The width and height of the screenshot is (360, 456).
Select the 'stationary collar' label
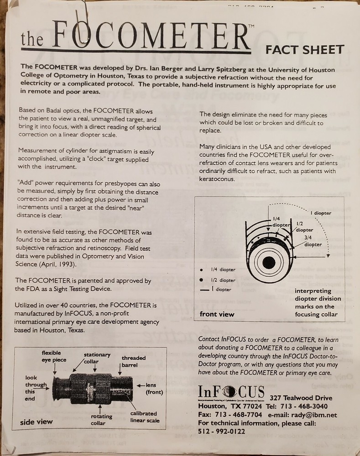click(x=97, y=358)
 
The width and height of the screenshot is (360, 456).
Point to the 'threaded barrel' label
click(x=134, y=362)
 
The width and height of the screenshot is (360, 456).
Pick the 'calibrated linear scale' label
click(x=144, y=417)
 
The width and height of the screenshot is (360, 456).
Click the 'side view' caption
click(x=37, y=422)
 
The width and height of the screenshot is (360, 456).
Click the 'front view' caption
click(x=217, y=314)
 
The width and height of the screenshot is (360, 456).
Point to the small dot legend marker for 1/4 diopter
click(x=201, y=269)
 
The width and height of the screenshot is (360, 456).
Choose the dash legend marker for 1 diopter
click(x=203, y=290)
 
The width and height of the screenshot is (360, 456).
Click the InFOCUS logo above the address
click(x=231, y=391)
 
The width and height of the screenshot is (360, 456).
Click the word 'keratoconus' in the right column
click(x=217, y=179)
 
